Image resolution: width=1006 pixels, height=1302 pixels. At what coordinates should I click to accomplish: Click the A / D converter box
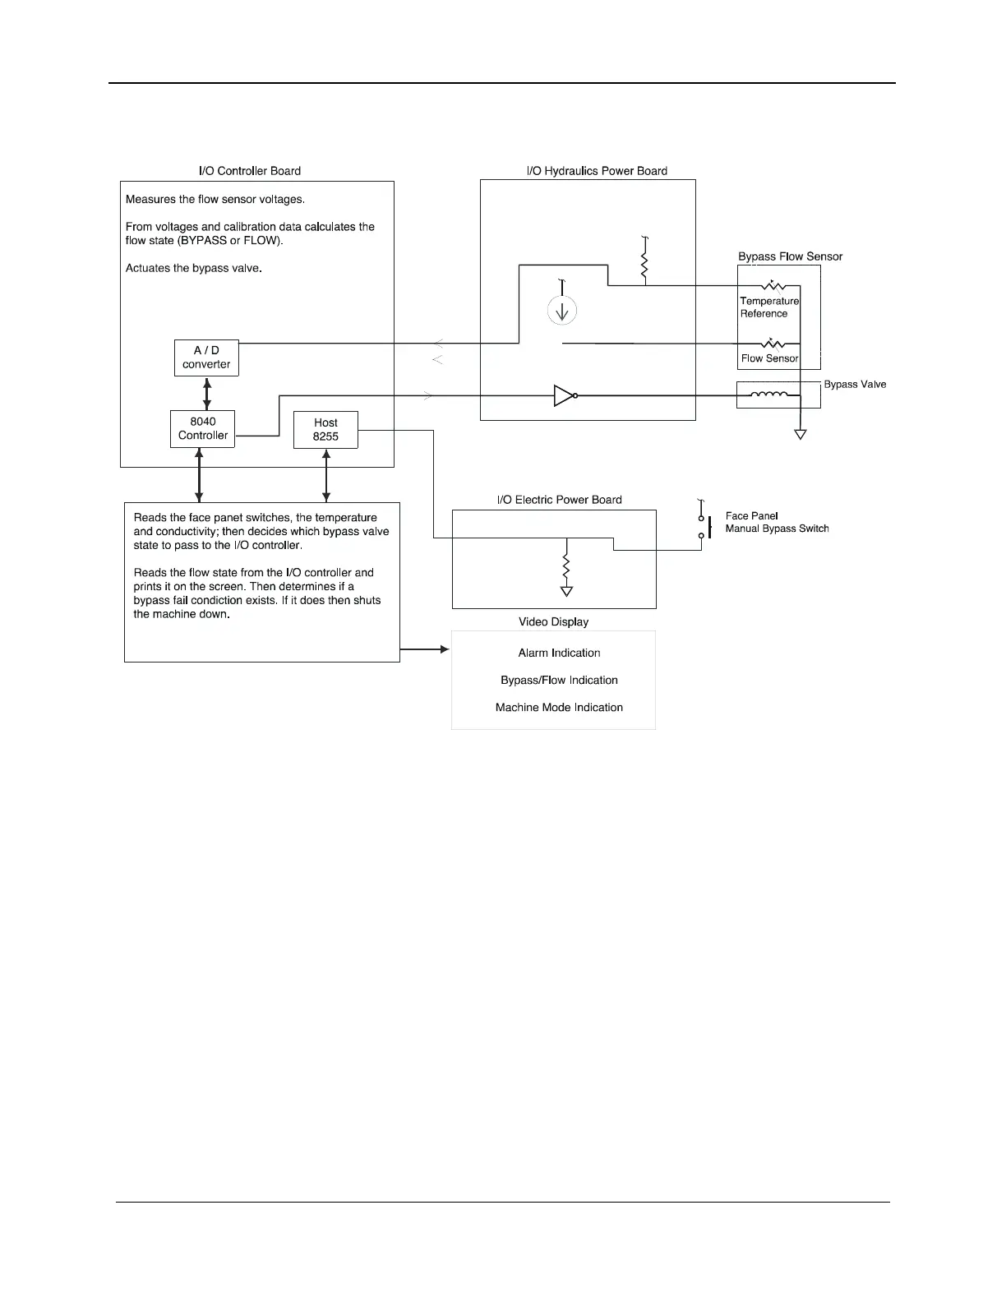pos(206,358)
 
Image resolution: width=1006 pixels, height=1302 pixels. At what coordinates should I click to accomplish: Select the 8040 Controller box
pos(202,428)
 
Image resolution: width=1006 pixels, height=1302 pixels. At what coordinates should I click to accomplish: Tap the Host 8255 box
pos(325,429)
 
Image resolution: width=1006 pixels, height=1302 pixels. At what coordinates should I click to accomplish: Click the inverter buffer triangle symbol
pos(565,395)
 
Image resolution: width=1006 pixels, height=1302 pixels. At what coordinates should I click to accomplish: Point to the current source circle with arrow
pos(562,311)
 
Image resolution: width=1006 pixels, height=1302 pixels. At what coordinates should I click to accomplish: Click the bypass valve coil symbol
pos(769,395)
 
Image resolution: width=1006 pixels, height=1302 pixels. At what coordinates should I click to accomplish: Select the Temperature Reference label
pos(768,307)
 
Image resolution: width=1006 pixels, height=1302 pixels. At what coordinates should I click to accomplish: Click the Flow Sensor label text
pos(769,358)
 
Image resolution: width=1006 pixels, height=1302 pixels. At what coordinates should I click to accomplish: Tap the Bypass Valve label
pos(855,385)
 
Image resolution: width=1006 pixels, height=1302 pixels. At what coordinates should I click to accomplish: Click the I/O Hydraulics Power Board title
pos(597,171)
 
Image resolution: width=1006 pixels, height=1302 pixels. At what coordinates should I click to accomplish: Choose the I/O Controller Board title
pos(250,171)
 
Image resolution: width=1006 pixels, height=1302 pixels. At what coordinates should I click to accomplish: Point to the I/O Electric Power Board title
pos(559,500)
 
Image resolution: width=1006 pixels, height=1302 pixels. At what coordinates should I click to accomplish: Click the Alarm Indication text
pos(559,653)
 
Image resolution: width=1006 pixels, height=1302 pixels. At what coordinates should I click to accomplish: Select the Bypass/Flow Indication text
pos(559,680)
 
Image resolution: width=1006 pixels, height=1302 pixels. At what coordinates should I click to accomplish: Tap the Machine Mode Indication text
pos(559,707)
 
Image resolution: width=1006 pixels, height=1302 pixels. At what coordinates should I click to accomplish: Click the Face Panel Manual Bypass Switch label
pos(777,522)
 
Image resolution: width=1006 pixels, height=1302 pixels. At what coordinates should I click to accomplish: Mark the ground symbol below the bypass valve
pos(800,434)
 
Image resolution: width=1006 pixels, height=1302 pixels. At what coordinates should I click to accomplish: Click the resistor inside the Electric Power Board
pos(566,566)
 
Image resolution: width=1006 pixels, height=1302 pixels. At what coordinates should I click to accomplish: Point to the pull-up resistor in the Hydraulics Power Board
pos(644,265)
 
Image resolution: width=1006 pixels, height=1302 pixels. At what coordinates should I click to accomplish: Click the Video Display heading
pos(553,621)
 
